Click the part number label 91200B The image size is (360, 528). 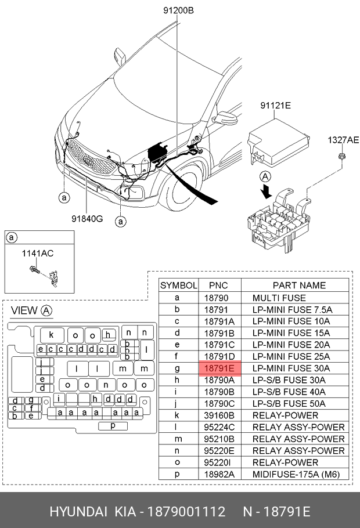tap(178, 10)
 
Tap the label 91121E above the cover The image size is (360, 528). tap(275, 106)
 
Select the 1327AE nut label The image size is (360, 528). tap(343, 140)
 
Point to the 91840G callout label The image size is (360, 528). tap(87, 219)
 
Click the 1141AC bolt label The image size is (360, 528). tap(38, 253)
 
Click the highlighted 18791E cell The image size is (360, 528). tap(218, 368)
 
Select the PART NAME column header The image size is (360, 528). tap(298, 285)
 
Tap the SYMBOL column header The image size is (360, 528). tap(178, 285)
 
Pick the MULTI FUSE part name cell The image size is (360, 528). tap(279, 298)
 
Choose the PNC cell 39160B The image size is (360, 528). tap(218, 415)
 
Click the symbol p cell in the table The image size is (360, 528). tap(177, 474)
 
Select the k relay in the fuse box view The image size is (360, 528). tap(51, 335)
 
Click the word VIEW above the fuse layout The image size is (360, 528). tap(24, 311)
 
